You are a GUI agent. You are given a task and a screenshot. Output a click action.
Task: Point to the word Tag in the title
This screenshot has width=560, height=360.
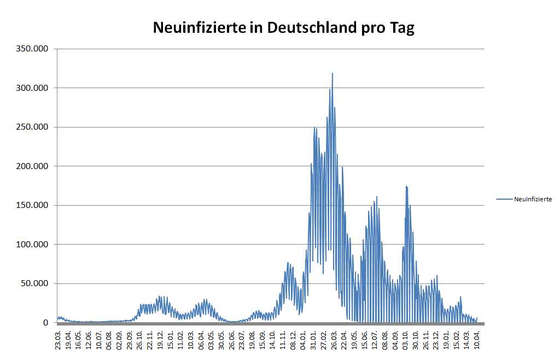tap(401, 28)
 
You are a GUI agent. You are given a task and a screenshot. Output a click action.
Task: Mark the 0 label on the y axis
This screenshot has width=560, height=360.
tap(47, 323)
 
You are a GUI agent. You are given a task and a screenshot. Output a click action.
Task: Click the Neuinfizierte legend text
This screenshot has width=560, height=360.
tap(533, 199)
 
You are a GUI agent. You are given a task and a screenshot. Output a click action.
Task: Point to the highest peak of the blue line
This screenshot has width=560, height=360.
tap(332, 73)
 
